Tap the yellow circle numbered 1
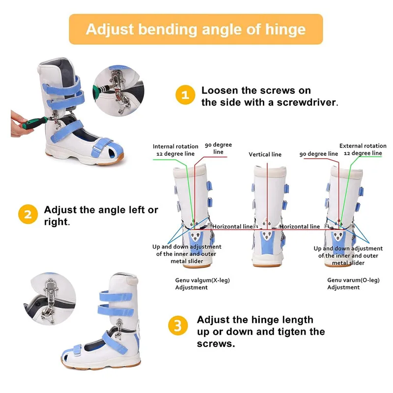click(185, 95)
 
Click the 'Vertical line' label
click(265, 154)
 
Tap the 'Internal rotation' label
click(175, 146)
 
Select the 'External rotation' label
click(363, 146)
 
